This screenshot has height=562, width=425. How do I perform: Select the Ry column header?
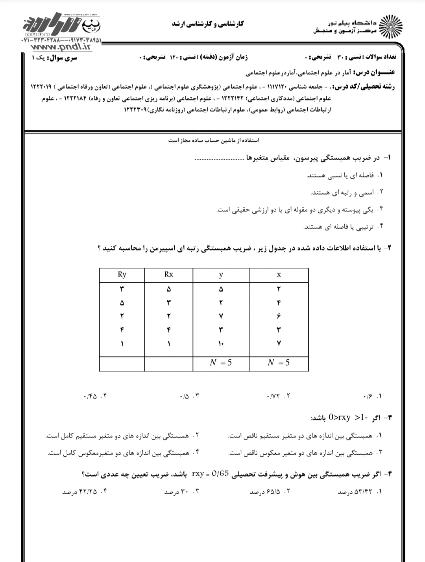click(x=122, y=275)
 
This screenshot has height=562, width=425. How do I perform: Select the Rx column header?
click(x=169, y=275)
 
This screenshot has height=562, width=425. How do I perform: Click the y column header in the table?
click(x=221, y=275)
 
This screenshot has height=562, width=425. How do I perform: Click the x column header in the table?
click(x=279, y=275)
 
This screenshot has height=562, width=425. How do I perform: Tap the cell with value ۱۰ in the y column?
click(x=221, y=344)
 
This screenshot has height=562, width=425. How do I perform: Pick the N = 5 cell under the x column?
click(x=279, y=363)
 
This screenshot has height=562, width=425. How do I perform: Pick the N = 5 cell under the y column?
click(x=221, y=363)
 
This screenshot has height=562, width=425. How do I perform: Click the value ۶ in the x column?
click(x=279, y=316)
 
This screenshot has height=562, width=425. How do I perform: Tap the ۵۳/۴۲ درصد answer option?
click(x=356, y=492)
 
